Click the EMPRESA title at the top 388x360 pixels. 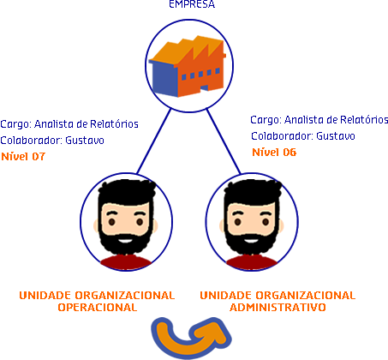192,4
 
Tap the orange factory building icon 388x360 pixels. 188,66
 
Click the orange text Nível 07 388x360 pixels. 23,157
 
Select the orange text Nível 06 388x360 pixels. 274,152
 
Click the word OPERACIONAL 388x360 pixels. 98,307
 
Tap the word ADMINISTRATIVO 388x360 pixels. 278,307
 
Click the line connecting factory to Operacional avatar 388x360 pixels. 154,141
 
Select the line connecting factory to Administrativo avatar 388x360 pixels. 224,141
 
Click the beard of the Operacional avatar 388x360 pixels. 126,243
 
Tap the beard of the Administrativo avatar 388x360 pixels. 251,243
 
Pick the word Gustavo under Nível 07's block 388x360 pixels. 85,141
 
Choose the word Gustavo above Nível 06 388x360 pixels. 336,136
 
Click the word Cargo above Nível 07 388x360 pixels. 15,124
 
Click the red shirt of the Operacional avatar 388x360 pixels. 126,263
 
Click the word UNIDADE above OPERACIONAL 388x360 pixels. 45,296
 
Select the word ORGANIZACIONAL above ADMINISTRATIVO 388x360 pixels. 305,296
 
